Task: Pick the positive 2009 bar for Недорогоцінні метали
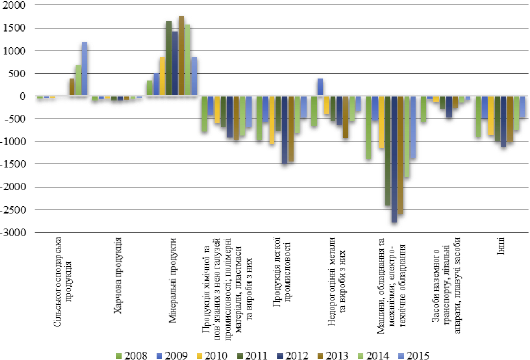[x=320, y=87]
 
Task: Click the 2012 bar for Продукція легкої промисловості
[x=284, y=130]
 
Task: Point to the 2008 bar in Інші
[x=478, y=116]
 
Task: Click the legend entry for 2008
[x=132, y=356]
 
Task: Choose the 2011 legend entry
[x=252, y=356]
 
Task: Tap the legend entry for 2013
[x=333, y=356]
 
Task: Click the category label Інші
[x=500, y=246]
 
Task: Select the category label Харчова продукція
[x=118, y=276]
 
